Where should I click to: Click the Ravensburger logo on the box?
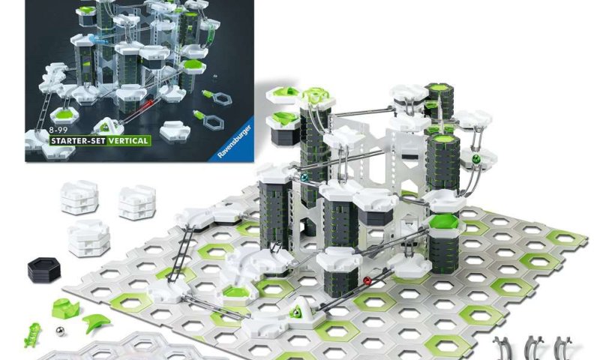click(x=235, y=142)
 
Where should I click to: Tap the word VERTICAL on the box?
click(x=127, y=141)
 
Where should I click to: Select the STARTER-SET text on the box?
click(x=78, y=141)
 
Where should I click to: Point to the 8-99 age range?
click(x=58, y=130)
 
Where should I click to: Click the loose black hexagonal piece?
click(x=44, y=269)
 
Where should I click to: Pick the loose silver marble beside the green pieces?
click(x=60, y=331)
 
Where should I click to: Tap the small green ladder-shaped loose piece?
click(x=32, y=334)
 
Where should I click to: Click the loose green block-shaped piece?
click(x=66, y=308)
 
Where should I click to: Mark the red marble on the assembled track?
click(x=367, y=281)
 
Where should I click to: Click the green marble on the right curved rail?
click(x=476, y=159)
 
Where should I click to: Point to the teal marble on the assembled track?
click(x=304, y=178)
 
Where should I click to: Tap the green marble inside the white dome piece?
click(x=295, y=313)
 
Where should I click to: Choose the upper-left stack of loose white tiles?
click(x=79, y=197)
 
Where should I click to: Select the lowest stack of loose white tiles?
click(x=89, y=238)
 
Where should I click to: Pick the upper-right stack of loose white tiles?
click(x=137, y=202)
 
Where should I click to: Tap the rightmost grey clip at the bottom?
click(x=563, y=348)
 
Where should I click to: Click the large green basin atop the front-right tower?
click(x=445, y=223)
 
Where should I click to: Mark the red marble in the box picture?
click(x=149, y=103)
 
